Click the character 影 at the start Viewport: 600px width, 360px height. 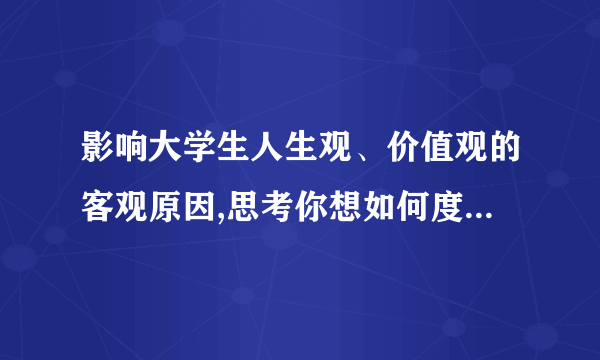(97, 153)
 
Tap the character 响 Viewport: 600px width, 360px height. (129, 153)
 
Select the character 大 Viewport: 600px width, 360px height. (161, 153)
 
